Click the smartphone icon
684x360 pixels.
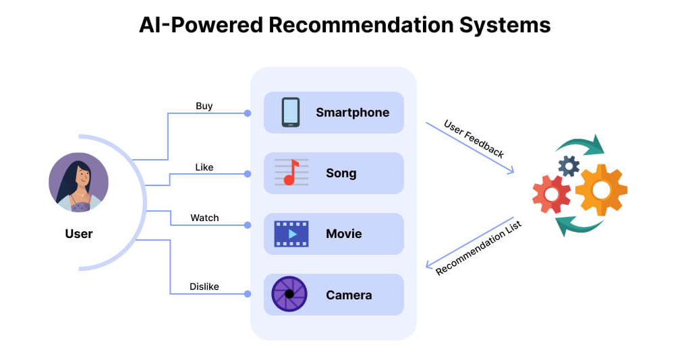coord(291,113)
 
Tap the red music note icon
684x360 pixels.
coord(291,173)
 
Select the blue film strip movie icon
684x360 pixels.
coord(291,234)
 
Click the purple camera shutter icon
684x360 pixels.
coord(289,295)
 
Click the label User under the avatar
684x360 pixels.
coord(78,234)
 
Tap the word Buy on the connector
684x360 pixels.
coord(204,106)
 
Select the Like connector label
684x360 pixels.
coord(204,167)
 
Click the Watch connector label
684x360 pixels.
coord(204,218)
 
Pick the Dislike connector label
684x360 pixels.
coord(204,287)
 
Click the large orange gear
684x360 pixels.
coord(600,190)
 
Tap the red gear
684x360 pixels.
coord(552,194)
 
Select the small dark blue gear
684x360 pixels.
coord(569,165)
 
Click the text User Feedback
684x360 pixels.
coord(474,139)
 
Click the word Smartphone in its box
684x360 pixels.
coord(352,113)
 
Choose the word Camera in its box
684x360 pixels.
coord(349,295)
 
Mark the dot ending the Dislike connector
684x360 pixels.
coord(248,294)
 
